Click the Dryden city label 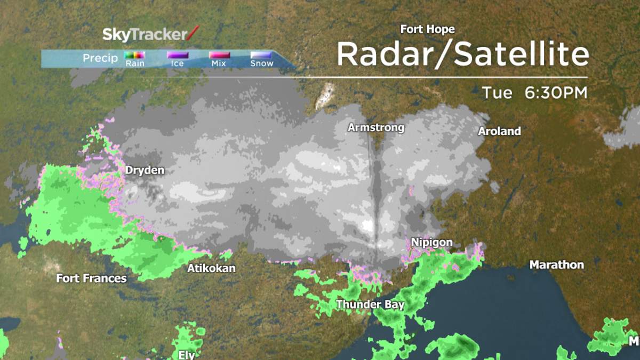145,171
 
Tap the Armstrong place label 376,128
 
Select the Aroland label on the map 499,131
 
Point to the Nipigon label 431,243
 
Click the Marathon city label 556,265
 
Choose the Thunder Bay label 370,305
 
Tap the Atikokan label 211,269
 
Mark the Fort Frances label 91,278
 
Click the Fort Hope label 427,30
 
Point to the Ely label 187,355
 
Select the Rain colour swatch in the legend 135,54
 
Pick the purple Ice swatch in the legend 178,54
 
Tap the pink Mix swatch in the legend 219,54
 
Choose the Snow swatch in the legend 261,54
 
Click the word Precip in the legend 100,58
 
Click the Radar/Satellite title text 462,54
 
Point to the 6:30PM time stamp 556,93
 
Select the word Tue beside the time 497,93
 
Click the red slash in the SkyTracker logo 193,34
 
